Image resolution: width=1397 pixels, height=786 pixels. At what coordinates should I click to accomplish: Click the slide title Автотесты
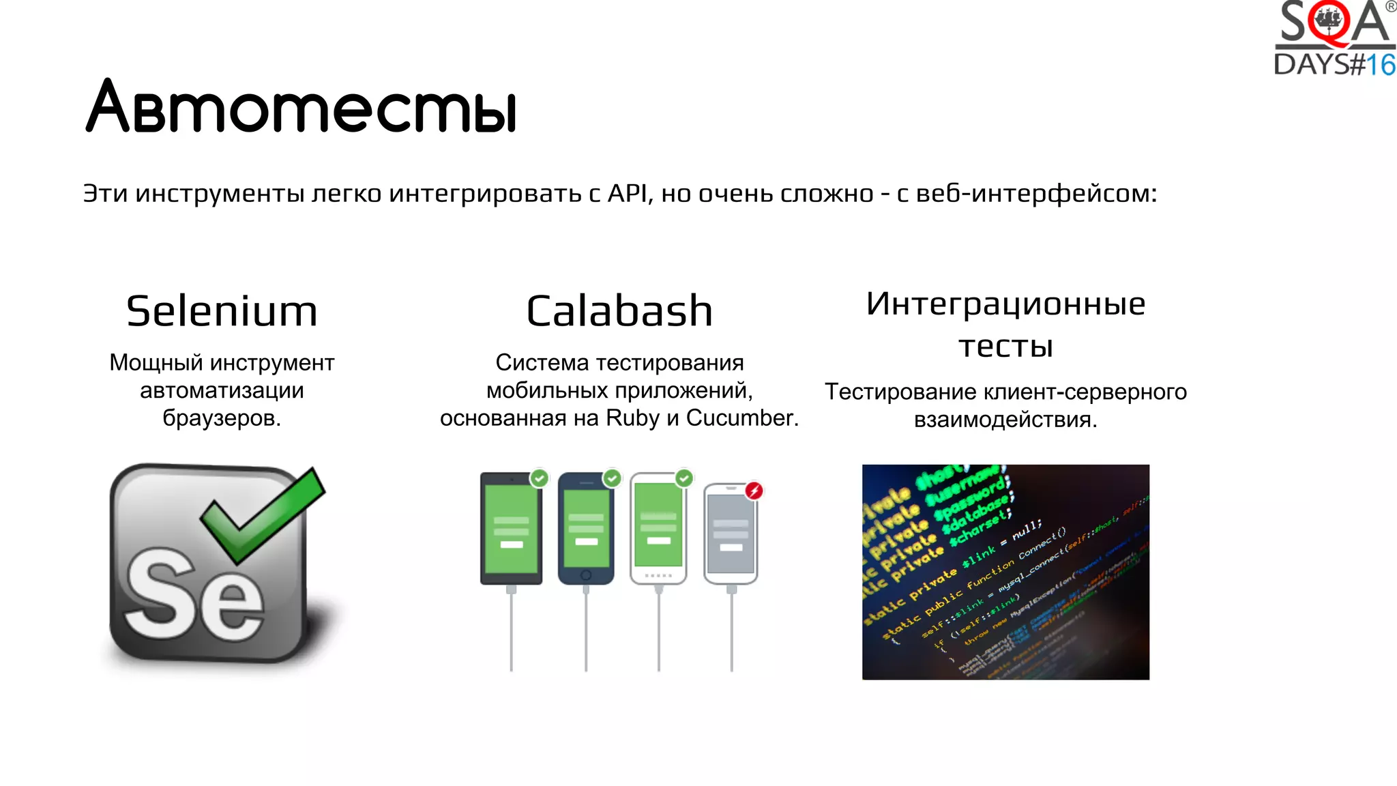(x=301, y=107)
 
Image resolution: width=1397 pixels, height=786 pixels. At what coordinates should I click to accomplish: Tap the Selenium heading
(x=222, y=311)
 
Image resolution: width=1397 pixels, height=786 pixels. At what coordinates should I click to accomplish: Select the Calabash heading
(x=619, y=311)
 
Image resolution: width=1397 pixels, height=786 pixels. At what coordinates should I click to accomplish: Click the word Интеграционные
(x=1005, y=304)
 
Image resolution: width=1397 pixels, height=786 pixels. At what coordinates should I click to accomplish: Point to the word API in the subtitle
(x=629, y=194)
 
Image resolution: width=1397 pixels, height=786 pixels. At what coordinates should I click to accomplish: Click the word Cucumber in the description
(x=741, y=418)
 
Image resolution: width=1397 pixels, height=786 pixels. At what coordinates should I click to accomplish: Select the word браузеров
(x=221, y=418)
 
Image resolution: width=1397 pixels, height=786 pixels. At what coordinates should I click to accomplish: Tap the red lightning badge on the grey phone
(x=754, y=490)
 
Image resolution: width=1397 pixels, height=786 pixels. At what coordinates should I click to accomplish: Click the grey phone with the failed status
(x=731, y=536)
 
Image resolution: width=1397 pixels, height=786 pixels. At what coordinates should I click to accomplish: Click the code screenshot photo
(x=1005, y=572)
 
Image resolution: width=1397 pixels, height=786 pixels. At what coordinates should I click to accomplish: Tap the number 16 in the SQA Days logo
(x=1381, y=65)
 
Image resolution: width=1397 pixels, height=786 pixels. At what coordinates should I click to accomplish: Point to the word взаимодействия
(x=1005, y=420)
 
